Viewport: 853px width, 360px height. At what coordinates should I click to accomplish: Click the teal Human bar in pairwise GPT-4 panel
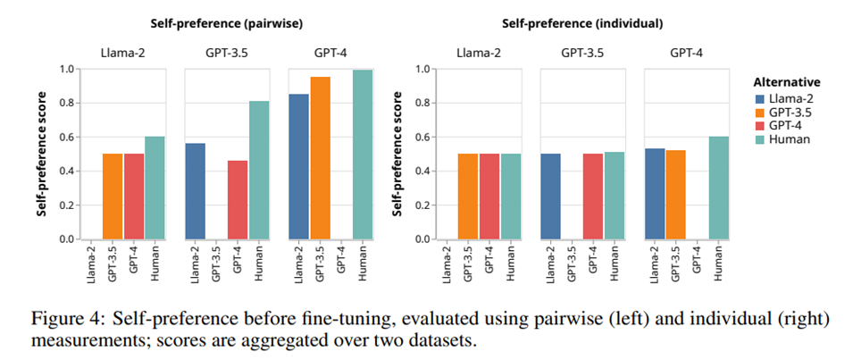point(362,155)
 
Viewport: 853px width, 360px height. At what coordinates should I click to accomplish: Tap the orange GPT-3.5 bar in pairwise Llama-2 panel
point(113,197)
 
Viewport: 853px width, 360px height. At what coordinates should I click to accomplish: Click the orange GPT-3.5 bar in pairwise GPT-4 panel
point(320,158)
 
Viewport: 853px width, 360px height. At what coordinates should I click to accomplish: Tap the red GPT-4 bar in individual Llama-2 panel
point(489,197)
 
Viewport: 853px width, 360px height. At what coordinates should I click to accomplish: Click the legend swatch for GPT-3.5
point(760,113)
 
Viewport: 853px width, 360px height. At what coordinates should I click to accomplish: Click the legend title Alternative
point(787,82)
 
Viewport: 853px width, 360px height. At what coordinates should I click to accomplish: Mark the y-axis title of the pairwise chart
point(42,154)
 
